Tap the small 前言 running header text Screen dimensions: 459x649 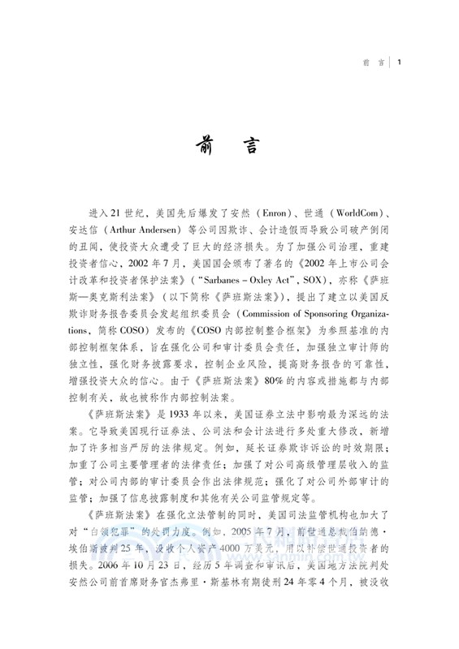click(x=374, y=62)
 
